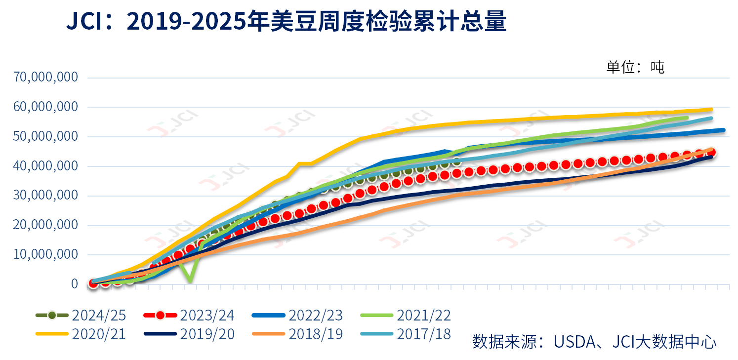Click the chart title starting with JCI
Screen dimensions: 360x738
(x=286, y=22)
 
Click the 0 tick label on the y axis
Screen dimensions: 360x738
(x=75, y=284)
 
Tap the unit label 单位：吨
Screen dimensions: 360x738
(x=635, y=67)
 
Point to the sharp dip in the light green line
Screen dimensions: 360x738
(x=190, y=280)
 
